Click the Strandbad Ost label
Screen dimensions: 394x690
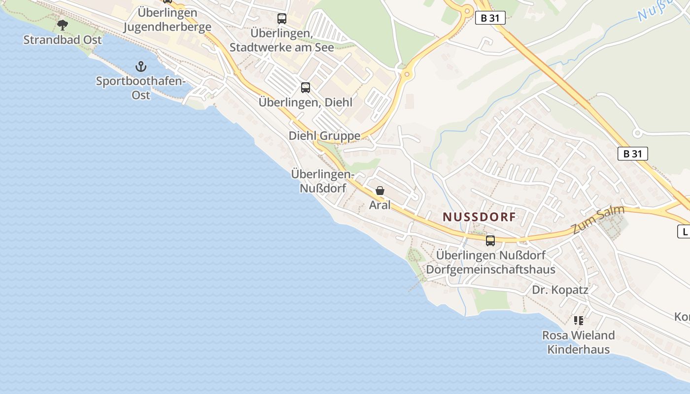pyautogui.click(x=63, y=40)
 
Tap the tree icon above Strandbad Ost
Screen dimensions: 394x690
pyautogui.click(x=63, y=24)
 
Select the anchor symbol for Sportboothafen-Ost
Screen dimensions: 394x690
pyautogui.click(x=141, y=66)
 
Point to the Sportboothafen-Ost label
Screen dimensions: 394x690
pyautogui.click(x=141, y=88)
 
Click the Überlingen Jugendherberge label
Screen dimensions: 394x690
pyautogui.click(x=167, y=20)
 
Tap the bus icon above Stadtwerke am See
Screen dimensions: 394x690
pyautogui.click(x=281, y=19)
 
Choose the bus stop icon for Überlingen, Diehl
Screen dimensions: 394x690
pyautogui.click(x=306, y=88)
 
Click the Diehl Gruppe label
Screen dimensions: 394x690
pyautogui.click(x=324, y=136)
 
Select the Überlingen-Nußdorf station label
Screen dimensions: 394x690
pyautogui.click(x=323, y=181)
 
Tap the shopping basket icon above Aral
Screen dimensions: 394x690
pyautogui.click(x=380, y=191)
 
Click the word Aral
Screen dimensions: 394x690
pyautogui.click(x=379, y=205)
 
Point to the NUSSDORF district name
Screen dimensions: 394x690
pyautogui.click(x=479, y=217)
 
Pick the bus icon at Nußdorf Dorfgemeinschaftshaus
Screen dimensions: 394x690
pyautogui.click(x=490, y=240)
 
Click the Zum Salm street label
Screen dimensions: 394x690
pyautogui.click(x=598, y=220)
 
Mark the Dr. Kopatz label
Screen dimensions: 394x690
pyautogui.click(x=560, y=290)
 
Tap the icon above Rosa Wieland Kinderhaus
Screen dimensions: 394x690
pyautogui.click(x=579, y=321)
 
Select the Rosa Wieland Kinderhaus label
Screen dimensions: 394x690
pyautogui.click(x=579, y=342)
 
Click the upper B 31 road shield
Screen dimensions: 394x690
pyautogui.click(x=490, y=18)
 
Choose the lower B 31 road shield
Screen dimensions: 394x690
pyautogui.click(x=632, y=154)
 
